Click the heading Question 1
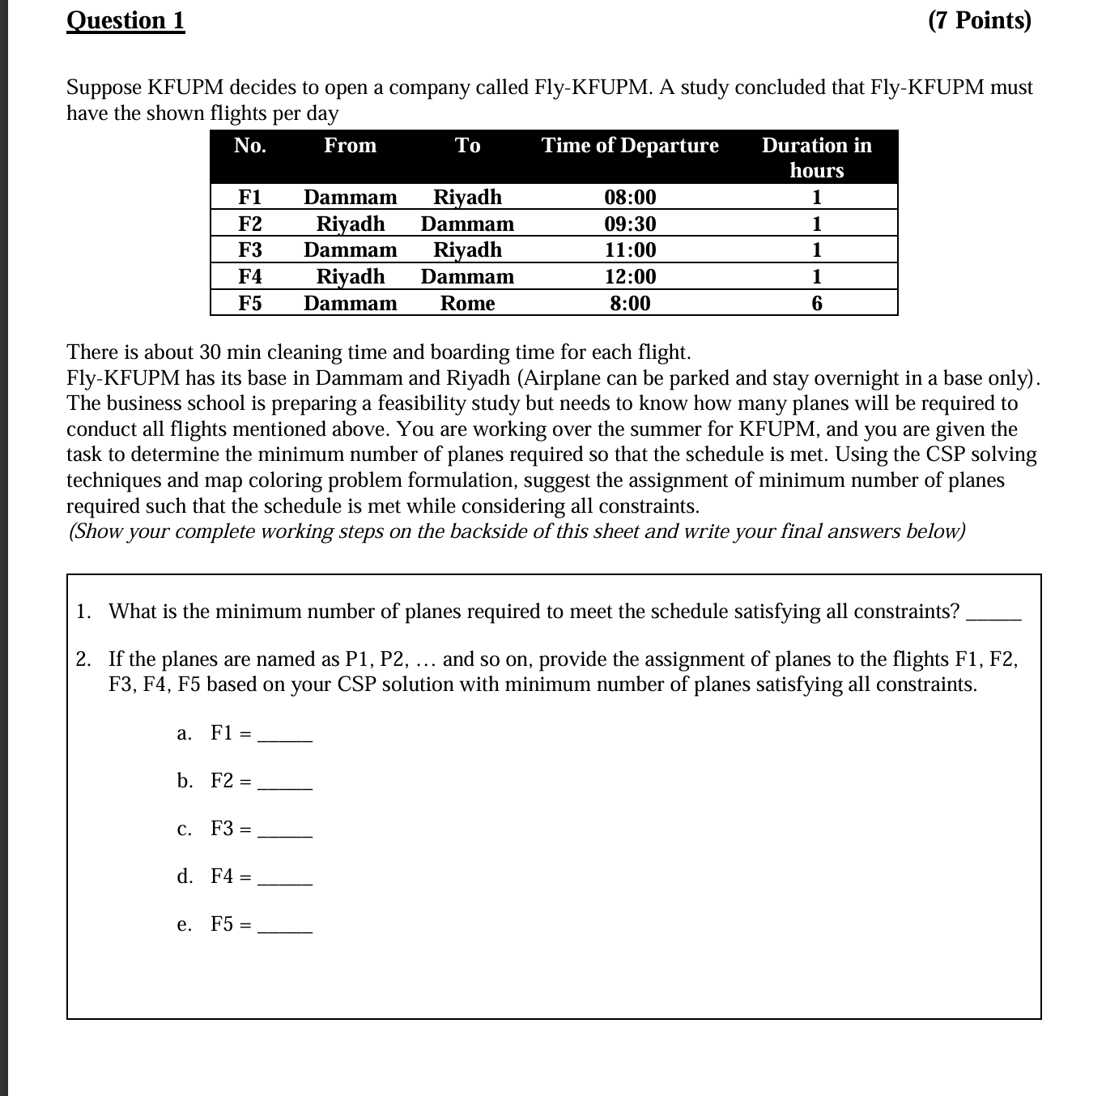point(125,20)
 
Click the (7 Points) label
point(980,20)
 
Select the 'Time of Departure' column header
point(630,146)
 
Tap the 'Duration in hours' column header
point(816,157)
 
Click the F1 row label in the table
point(250,198)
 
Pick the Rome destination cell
point(467,304)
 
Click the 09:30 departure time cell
point(630,224)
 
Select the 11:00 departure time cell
point(630,250)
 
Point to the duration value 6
point(816,304)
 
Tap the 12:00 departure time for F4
point(630,277)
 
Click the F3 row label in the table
point(250,250)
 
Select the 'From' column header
point(350,146)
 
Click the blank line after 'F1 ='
point(285,737)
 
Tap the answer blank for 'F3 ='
point(285,833)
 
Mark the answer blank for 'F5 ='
point(285,928)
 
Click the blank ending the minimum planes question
point(994,616)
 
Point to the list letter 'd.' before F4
point(185,876)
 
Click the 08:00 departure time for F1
point(630,198)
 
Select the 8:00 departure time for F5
point(630,304)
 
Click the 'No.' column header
point(250,146)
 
